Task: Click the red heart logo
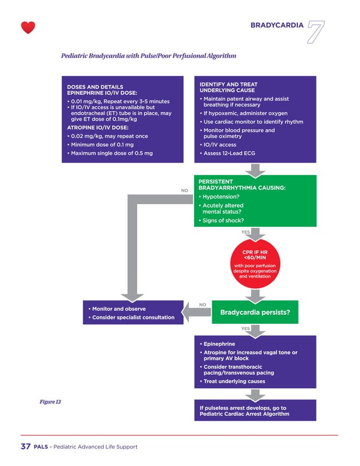tap(28, 27)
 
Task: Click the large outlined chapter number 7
tap(317, 33)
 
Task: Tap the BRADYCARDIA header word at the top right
tap(277, 25)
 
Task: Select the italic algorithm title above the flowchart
tap(148, 56)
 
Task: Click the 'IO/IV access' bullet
tap(220, 144)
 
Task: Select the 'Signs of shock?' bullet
tap(223, 220)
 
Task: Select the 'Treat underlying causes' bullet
tap(234, 381)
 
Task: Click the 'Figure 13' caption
tap(50, 402)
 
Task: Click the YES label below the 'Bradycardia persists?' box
tap(245, 328)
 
